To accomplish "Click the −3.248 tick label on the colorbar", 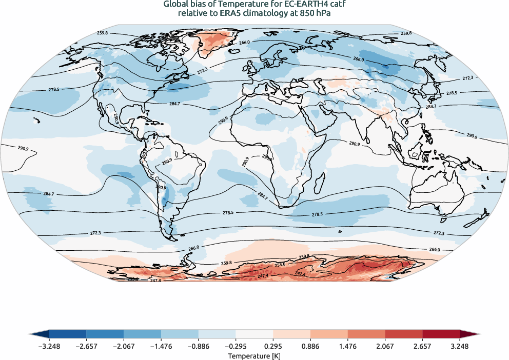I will click(x=49, y=346).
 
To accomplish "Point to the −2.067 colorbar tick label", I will click(x=124, y=346).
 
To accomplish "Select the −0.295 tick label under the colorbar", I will click(x=236, y=346).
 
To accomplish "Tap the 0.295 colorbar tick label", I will click(x=273, y=346).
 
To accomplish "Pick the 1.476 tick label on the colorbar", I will click(x=348, y=346).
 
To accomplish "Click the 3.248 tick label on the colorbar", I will click(x=460, y=346).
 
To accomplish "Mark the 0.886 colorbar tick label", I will click(x=310, y=346).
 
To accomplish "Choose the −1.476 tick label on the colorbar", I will click(x=161, y=346).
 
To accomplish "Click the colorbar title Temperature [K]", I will click(x=254, y=355).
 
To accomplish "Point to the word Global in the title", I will click(x=176, y=5).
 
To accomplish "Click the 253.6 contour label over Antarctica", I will click(x=280, y=265).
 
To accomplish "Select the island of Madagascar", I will click(x=320, y=182).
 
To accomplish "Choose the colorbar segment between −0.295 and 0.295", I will click(x=254, y=334).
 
